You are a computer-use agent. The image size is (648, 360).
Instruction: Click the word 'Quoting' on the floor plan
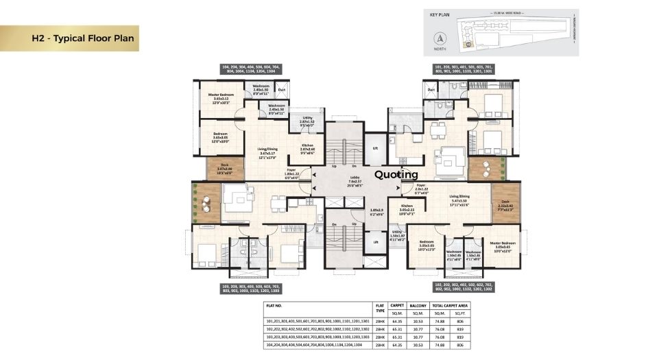396,174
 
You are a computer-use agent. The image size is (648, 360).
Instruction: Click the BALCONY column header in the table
418,306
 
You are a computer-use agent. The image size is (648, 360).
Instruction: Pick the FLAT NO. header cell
278,306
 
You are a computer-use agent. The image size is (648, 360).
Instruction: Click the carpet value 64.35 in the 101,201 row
396,320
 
